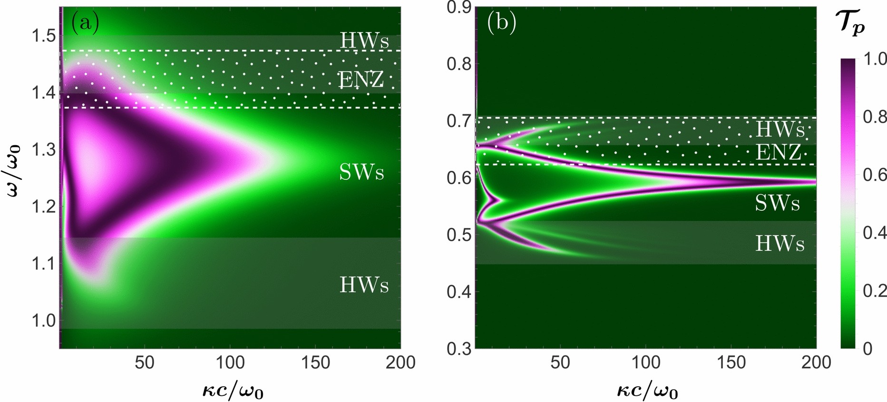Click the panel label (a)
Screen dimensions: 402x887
85,22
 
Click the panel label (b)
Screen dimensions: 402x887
502,23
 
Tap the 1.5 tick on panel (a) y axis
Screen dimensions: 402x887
43,36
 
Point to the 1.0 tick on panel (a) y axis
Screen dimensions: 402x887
43,320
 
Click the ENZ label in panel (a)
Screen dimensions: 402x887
361,79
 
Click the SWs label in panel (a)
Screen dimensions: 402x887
361,172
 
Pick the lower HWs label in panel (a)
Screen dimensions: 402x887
364,285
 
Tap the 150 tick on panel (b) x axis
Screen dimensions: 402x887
731,363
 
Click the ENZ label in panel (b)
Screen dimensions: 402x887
778,152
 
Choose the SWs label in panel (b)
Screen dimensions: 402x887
777,204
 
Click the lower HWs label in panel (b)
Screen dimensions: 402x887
780,244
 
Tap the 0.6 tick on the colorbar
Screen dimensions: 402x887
874,175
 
